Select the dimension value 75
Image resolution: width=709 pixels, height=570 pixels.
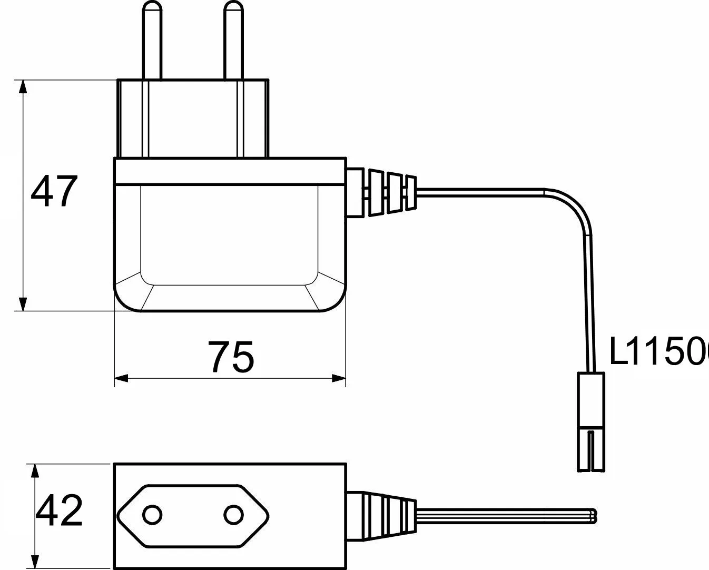(231, 357)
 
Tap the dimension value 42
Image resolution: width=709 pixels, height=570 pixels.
(59, 510)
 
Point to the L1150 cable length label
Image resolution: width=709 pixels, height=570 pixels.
(658, 352)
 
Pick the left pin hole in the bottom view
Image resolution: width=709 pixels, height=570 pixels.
(153, 514)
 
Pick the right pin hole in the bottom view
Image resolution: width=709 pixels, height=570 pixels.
(232, 514)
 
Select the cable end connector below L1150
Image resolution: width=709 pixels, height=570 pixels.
(592, 421)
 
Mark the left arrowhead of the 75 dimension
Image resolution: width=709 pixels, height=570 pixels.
(122, 378)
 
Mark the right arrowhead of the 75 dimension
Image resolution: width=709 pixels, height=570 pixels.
(339, 378)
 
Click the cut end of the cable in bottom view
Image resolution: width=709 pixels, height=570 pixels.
(595, 516)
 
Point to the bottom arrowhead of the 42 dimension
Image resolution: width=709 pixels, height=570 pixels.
(35, 562)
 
